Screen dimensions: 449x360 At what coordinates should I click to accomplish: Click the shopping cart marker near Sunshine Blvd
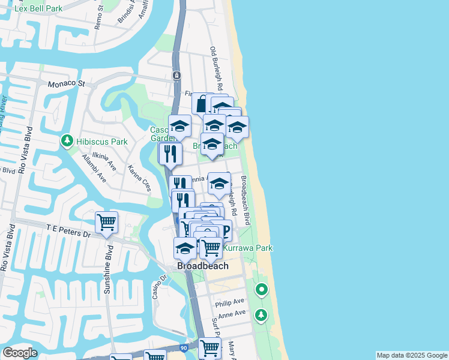[107, 223]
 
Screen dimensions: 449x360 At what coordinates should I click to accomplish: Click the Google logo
[20, 353]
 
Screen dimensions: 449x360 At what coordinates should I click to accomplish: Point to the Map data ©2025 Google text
[412, 355]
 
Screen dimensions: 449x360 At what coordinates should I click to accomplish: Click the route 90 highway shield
[184, 348]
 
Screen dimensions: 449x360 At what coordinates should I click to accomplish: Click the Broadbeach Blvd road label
[246, 200]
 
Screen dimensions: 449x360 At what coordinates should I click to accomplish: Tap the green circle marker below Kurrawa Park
[261, 290]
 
